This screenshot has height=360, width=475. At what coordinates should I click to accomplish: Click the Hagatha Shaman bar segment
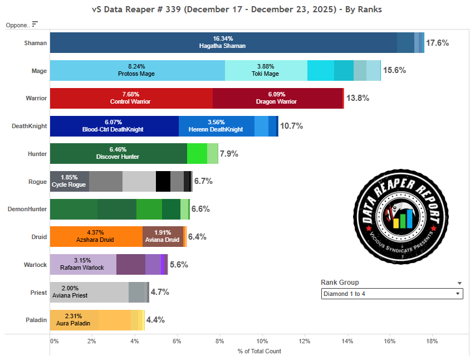(x=223, y=43)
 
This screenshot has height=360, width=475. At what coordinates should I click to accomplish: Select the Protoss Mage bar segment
(x=137, y=70)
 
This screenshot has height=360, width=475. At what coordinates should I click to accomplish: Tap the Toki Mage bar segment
(x=266, y=70)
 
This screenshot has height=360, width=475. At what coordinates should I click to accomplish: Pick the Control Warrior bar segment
(x=131, y=98)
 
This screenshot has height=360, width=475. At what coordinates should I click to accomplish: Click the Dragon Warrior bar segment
(x=277, y=98)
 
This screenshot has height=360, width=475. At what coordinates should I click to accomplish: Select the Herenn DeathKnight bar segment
(x=217, y=126)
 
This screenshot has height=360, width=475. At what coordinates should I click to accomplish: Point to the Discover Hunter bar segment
(x=118, y=153)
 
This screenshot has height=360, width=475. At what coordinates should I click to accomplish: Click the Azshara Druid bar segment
(x=96, y=236)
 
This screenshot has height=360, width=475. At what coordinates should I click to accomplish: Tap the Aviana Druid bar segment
(x=163, y=236)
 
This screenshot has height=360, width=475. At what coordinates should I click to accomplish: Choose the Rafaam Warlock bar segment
(x=83, y=264)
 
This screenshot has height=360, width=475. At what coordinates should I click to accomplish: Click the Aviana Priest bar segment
(x=89, y=292)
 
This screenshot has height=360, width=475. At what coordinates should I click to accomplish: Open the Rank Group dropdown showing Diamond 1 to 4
(x=392, y=294)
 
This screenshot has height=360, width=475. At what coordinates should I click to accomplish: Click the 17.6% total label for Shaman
(x=437, y=43)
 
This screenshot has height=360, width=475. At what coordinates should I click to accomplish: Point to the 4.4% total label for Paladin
(x=155, y=320)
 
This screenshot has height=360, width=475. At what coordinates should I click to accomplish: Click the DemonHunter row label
(x=27, y=209)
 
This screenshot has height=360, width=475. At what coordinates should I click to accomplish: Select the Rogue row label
(x=37, y=182)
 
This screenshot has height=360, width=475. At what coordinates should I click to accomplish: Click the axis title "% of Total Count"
(x=259, y=351)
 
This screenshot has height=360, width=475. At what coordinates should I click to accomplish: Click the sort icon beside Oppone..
(x=35, y=24)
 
